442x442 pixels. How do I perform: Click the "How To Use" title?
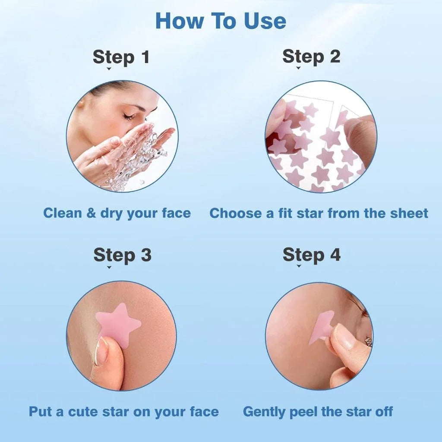click(x=221, y=21)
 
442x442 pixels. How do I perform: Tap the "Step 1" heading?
click(x=121, y=57)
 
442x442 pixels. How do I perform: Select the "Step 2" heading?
click(x=311, y=57)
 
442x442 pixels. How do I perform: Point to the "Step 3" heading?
click(x=122, y=255)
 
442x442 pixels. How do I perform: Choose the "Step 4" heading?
click(x=311, y=255)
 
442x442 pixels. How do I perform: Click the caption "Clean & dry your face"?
click(x=117, y=213)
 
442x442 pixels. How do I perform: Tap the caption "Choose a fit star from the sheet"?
click(x=319, y=213)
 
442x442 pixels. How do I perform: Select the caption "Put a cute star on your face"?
click(x=124, y=411)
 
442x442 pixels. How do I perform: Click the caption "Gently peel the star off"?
click(x=318, y=411)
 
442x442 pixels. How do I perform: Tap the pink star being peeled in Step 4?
click(x=320, y=328)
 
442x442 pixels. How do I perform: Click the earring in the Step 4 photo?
click(x=368, y=342)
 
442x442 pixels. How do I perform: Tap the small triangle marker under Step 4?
click(x=299, y=267)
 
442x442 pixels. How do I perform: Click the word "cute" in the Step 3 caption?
click(x=83, y=411)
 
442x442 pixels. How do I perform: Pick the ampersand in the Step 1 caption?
click(x=91, y=213)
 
